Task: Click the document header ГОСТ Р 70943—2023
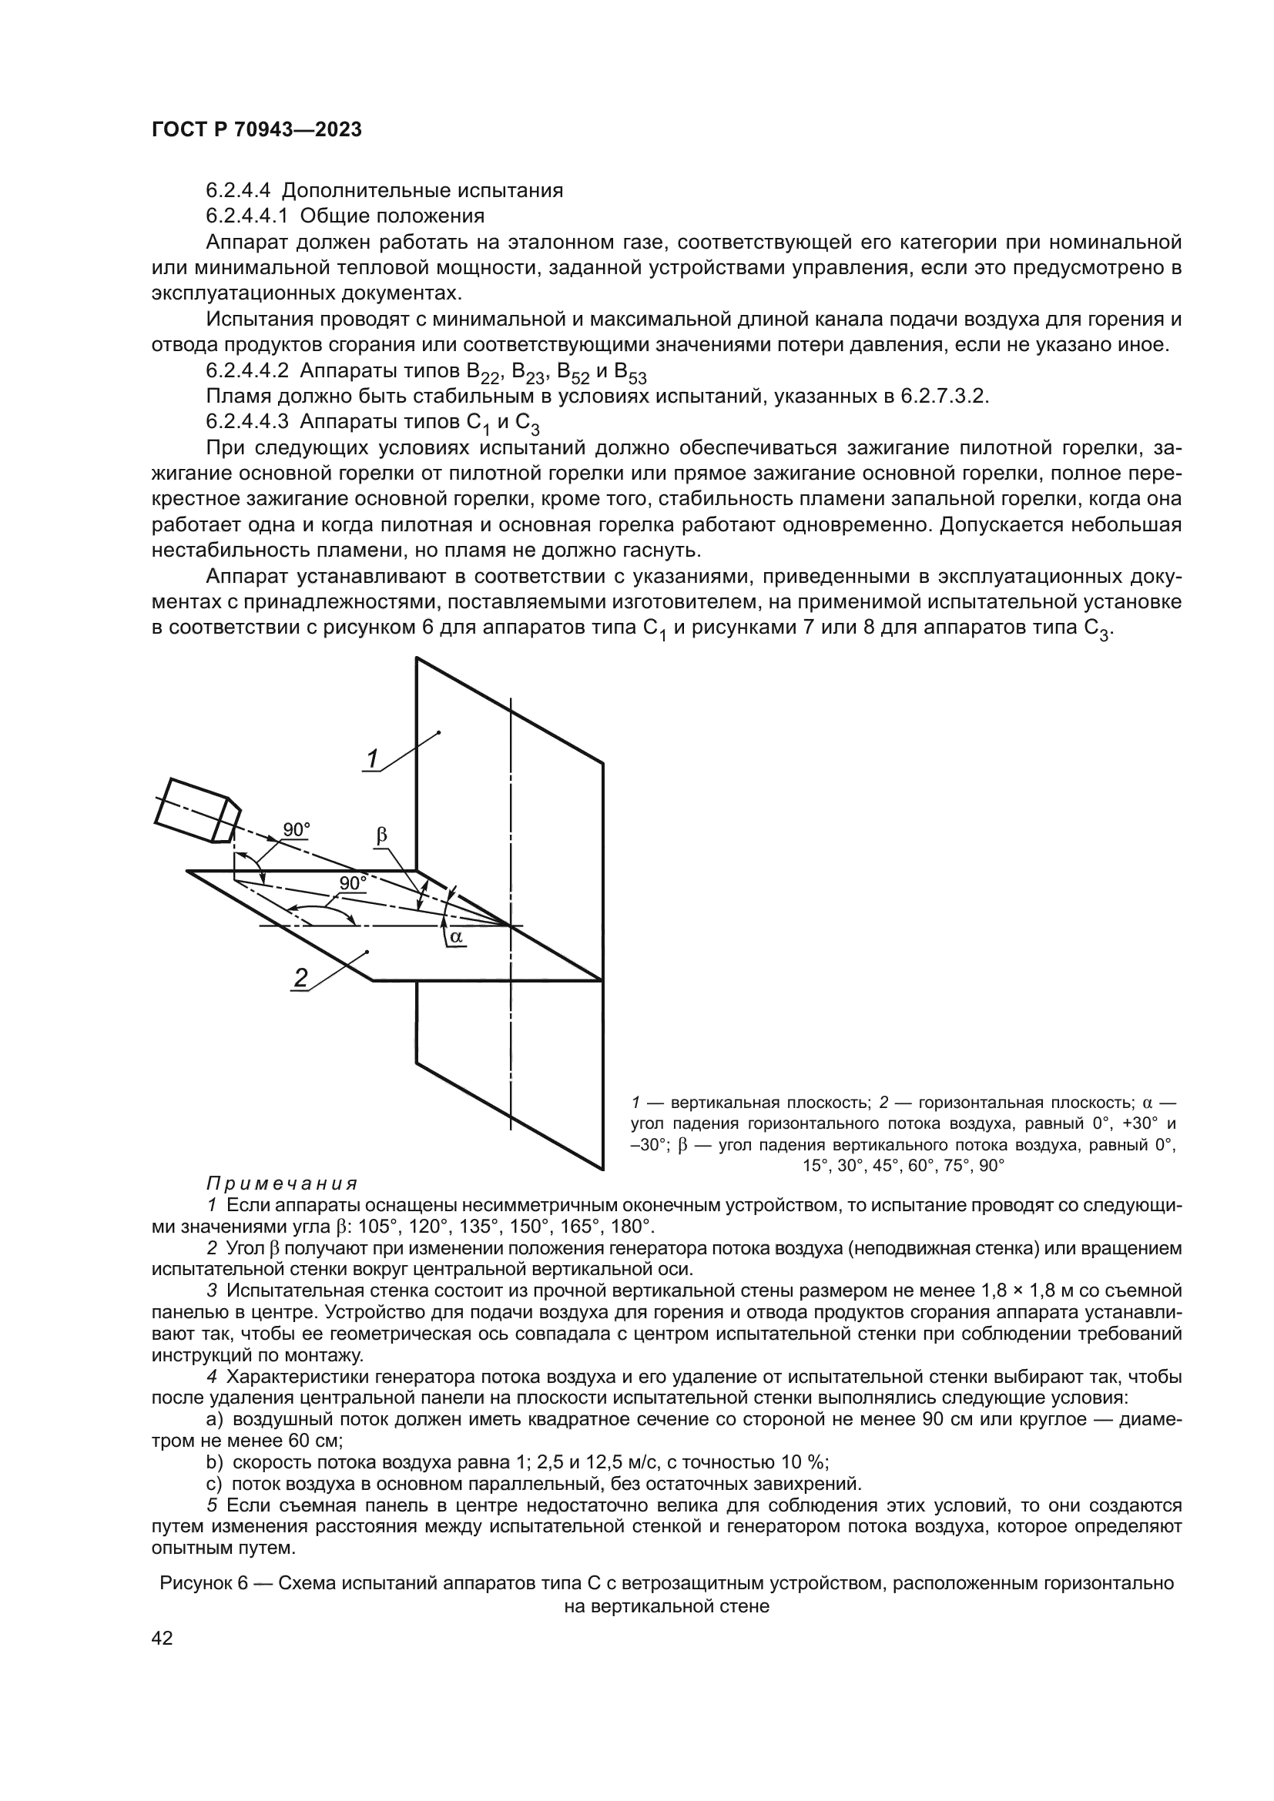click(x=256, y=130)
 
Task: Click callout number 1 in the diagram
click(x=373, y=758)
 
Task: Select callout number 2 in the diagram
click(x=300, y=977)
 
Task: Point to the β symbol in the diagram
click(x=382, y=835)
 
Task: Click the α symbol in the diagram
click(x=456, y=936)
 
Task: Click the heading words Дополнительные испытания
click(x=422, y=191)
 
